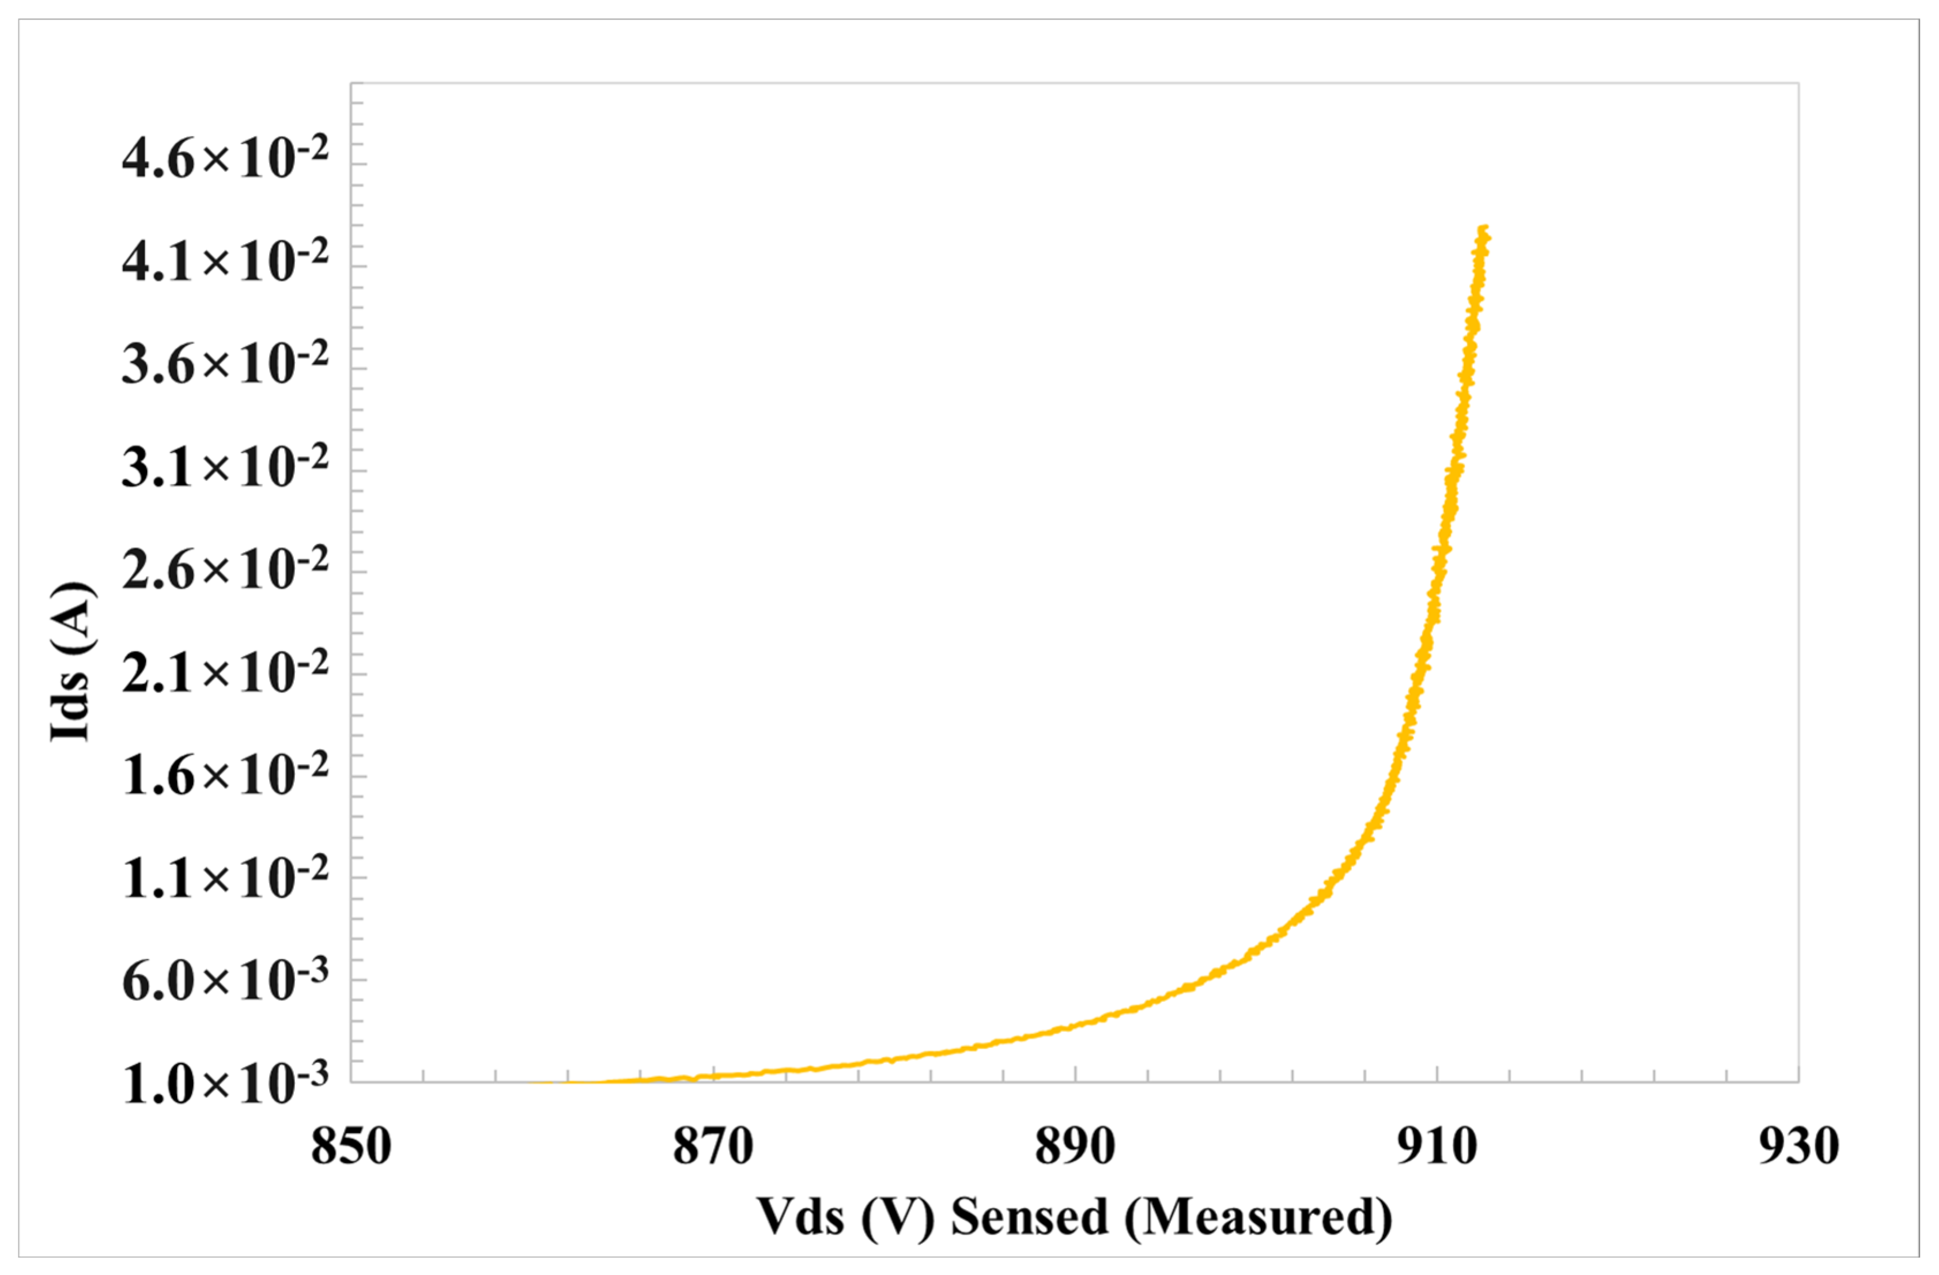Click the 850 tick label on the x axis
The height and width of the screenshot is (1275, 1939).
(351, 1147)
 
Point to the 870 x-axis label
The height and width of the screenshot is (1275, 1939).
(713, 1147)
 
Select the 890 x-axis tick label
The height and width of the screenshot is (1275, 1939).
(1075, 1147)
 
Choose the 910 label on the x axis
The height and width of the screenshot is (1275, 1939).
(1437, 1147)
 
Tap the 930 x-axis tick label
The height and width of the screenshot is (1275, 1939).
(1798, 1147)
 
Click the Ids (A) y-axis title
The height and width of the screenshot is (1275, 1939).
(71, 661)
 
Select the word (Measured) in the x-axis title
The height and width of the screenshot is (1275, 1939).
(1258, 1218)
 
